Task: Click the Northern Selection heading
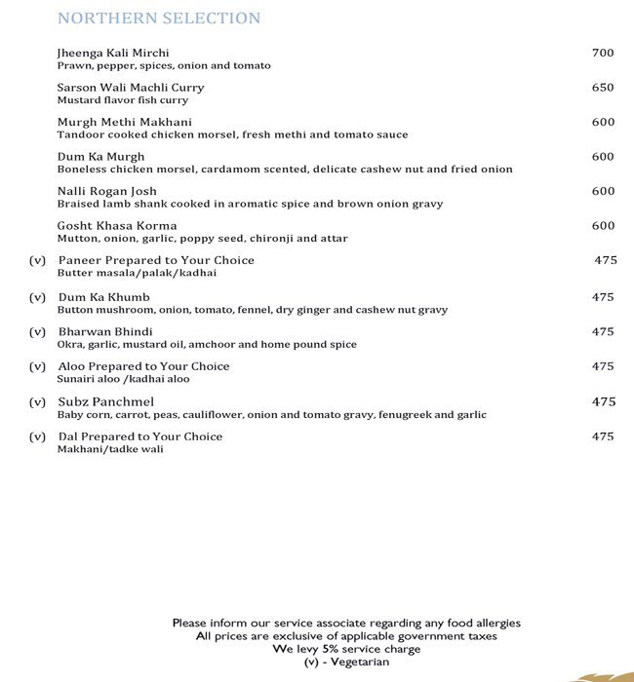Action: coord(159,19)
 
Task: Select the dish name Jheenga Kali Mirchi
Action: coord(120,53)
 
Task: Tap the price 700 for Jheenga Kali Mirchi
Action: coord(603,53)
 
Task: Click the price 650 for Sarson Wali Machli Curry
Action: coord(603,88)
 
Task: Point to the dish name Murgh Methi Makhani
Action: coord(125,122)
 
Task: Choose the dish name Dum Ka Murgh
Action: coord(101,157)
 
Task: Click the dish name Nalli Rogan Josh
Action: coord(107,191)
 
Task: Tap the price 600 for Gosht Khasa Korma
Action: coord(603,226)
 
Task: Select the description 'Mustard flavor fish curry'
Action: coord(123,100)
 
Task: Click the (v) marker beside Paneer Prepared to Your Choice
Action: coord(38,261)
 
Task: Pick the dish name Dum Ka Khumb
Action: coord(105,297)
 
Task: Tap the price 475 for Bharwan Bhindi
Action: coord(603,332)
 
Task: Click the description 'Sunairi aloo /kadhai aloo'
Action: coord(124,380)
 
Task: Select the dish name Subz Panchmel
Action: coord(106,401)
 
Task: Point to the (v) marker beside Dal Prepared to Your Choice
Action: coord(38,436)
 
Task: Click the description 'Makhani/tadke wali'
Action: coord(110,449)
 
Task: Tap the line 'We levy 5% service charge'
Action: coord(346,649)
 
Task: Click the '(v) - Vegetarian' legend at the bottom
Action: coord(346,663)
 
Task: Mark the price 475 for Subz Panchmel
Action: coord(603,401)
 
